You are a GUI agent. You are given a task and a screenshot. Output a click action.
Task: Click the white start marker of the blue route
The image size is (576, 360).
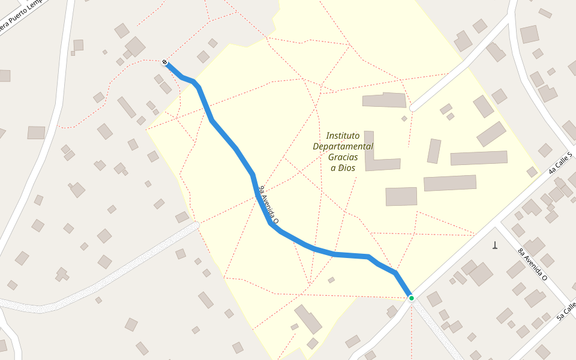point(164,62)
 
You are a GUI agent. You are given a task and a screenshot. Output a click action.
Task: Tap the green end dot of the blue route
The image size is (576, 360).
point(411,298)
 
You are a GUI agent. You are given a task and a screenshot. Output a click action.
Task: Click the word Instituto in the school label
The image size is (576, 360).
point(343,136)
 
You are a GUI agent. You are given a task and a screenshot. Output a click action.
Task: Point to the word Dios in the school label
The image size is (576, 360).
point(346,168)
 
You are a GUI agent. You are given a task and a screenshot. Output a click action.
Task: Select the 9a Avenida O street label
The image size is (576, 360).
point(268,205)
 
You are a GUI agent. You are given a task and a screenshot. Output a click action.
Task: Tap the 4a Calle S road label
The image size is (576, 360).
point(562,163)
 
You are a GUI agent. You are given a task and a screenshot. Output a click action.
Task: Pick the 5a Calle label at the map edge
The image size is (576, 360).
point(566,311)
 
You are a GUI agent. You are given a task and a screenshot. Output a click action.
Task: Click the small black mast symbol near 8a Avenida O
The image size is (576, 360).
point(495,245)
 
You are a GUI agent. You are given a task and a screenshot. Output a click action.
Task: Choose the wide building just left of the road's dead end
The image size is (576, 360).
point(385,100)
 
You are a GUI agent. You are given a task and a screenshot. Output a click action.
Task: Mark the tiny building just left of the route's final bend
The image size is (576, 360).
point(331,280)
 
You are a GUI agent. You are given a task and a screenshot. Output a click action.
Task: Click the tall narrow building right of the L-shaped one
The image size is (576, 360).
point(434,151)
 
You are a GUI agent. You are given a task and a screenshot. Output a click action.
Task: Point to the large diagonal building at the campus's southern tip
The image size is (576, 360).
point(308,319)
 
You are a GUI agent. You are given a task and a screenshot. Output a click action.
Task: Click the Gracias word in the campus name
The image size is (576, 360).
point(343,157)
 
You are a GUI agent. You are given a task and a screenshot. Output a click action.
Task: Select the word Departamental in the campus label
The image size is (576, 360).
point(343,146)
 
